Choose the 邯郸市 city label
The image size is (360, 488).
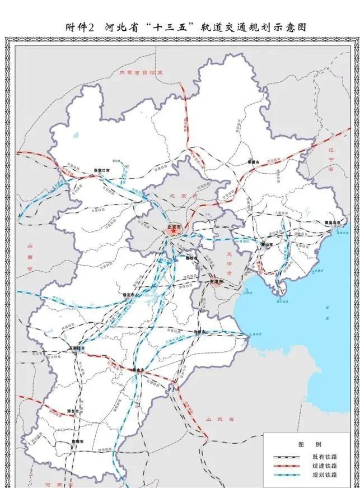point(76,441)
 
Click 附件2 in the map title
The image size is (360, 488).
point(82,27)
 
